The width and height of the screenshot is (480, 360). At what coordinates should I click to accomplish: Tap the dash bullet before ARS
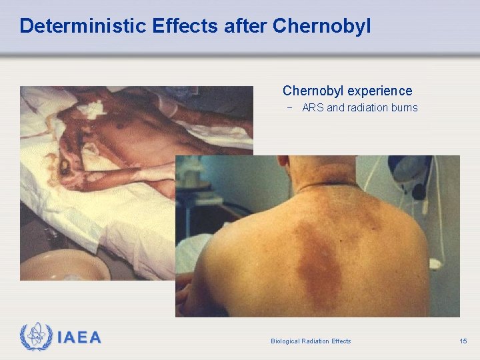[290, 107]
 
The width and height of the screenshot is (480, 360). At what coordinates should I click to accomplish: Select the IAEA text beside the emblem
[79, 338]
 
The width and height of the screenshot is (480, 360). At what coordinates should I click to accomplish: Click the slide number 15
[463, 341]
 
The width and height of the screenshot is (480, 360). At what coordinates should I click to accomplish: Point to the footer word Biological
[285, 341]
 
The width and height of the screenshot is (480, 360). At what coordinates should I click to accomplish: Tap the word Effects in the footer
[341, 341]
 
